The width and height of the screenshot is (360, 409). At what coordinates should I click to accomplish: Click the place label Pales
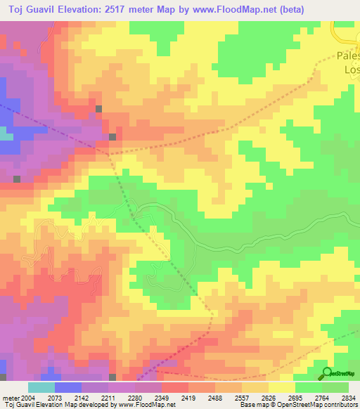tap(347, 56)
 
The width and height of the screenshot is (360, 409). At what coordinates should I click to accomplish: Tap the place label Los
tap(351, 70)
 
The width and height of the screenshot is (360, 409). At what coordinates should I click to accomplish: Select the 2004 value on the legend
tap(27, 398)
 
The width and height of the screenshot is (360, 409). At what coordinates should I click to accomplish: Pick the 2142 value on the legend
tap(84, 398)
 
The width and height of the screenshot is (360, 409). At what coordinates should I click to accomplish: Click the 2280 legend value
tap(138, 398)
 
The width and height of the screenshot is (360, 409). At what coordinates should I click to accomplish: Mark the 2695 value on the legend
tap(297, 398)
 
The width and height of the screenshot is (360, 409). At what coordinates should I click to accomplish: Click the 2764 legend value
tap(324, 398)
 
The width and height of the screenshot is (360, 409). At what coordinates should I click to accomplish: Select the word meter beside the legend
tap(9, 398)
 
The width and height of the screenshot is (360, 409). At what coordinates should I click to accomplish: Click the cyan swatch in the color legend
tap(41, 387)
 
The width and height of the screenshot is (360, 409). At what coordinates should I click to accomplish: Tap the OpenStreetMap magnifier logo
tap(327, 374)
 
